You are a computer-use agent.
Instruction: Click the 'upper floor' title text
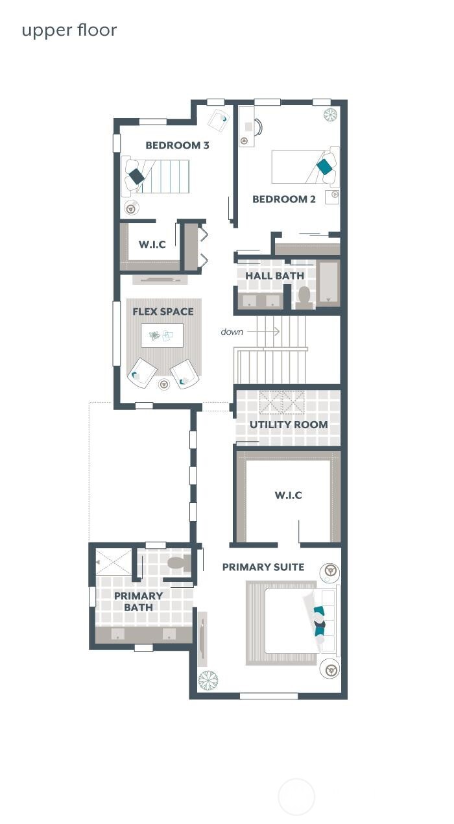point(69,30)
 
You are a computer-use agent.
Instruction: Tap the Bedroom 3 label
point(177,145)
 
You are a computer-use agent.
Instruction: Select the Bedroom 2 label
point(283,199)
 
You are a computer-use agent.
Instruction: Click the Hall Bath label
point(274,276)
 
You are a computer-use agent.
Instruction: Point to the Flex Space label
point(163,311)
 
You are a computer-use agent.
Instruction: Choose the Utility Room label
point(289,425)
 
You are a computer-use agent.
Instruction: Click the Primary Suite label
point(263,567)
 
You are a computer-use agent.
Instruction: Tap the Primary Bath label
point(138,601)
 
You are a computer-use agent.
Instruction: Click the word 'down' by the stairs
point(232,332)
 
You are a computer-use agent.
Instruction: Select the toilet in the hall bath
point(304,295)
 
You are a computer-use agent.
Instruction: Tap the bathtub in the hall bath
point(328,282)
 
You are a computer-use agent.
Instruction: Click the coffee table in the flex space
point(161,335)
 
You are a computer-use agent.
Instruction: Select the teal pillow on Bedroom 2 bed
point(324,166)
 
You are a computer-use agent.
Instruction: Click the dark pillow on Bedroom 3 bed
point(136,176)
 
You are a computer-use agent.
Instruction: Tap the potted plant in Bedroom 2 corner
point(331,115)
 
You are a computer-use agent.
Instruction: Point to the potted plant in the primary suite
point(208,680)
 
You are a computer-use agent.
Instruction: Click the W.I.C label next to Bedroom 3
point(152,245)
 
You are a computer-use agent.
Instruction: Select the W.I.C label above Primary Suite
point(288,496)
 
